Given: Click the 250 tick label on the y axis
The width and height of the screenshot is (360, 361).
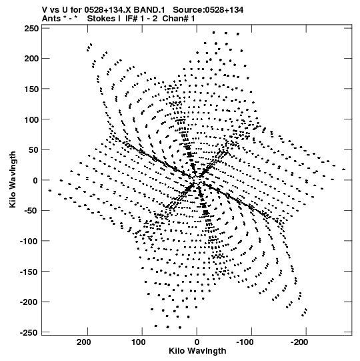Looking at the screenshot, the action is [31, 29].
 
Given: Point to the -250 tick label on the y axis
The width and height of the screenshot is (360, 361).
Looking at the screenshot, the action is [29, 333].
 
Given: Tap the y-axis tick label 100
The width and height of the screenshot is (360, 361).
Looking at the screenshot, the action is [31, 119].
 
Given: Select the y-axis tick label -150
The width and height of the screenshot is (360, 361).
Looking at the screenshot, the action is [29, 272].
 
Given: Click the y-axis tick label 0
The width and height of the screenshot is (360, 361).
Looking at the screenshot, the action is [35, 181].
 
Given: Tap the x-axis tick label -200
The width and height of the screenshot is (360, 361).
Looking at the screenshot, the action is [299, 342].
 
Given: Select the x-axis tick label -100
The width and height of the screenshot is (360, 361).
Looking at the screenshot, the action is [245, 342].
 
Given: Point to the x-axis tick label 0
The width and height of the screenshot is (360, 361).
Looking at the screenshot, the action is [197, 342].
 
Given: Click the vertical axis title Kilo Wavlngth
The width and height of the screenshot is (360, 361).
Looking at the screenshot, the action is [13, 179].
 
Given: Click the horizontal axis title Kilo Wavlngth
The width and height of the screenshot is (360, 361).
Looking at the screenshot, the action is [197, 351].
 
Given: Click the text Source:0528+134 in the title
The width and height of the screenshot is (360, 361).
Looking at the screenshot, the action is [208, 10].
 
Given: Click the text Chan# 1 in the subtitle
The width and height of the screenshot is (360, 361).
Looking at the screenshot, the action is [179, 19].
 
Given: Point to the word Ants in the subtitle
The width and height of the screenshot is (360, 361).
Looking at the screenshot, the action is [51, 19].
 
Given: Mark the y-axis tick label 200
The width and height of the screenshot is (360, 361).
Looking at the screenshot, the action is [31, 59].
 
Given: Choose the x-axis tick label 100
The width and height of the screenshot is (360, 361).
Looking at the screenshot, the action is [139, 342].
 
